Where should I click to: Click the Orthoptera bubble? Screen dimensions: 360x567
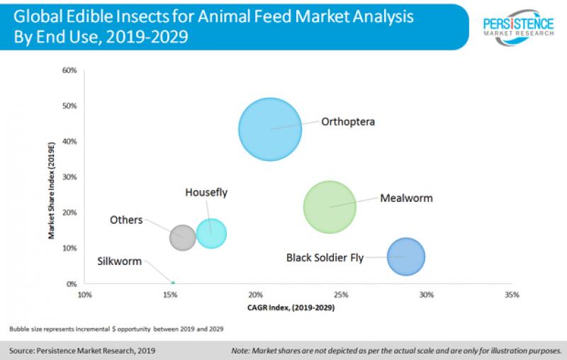pyautogui.click(x=269, y=129)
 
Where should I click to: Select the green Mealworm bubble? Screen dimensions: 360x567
pyautogui.click(x=330, y=207)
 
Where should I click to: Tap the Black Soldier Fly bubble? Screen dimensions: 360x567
pyautogui.click(x=406, y=257)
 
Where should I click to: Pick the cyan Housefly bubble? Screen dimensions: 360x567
pyautogui.click(x=211, y=232)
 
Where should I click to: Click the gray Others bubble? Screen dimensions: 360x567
pyautogui.click(x=183, y=237)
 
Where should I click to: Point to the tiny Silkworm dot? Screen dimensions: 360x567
pyautogui.click(x=173, y=283)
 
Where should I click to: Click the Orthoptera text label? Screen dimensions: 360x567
pyautogui.click(x=347, y=121)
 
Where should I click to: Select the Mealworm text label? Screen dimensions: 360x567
pyautogui.click(x=406, y=198)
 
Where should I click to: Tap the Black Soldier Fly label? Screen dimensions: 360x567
pyautogui.click(x=325, y=257)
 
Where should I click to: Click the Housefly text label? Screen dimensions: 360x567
pyautogui.click(x=206, y=192)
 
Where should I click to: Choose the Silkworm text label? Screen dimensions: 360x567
pyautogui.click(x=118, y=260)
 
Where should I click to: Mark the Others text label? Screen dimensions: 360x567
pyautogui.click(x=126, y=220)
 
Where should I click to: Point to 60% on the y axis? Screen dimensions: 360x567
pyautogui.click(x=69, y=70)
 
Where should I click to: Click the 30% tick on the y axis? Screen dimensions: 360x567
pyautogui.click(x=69, y=177)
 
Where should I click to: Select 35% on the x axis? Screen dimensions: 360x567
pyautogui.click(x=512, y=294)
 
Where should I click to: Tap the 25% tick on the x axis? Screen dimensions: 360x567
pyautogui.click(x=341, y=294)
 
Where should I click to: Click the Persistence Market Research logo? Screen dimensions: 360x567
pyautogui.click(x=518, y=25)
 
